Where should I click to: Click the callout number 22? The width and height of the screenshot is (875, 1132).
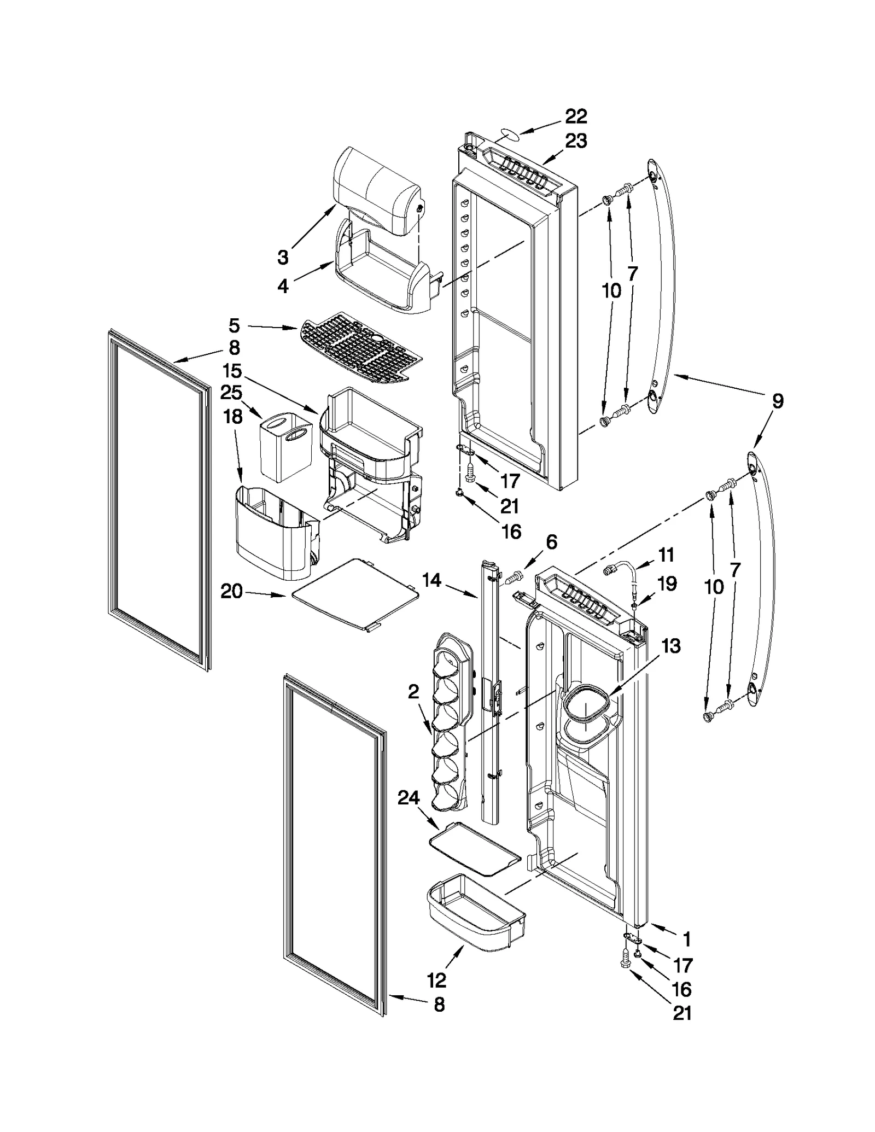tap(575, 116)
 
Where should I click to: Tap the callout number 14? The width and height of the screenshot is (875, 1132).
tap(431, 580)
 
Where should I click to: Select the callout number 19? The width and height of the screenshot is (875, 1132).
tap(667, 583)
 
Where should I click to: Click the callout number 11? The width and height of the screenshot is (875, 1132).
tap(666, 555)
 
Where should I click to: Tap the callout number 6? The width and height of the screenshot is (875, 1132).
tap(551, 542)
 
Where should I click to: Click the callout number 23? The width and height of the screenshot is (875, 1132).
tap(576, 141)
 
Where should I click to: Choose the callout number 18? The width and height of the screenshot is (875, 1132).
tap(233, 417)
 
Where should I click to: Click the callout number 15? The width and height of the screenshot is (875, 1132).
tap(232, 371)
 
